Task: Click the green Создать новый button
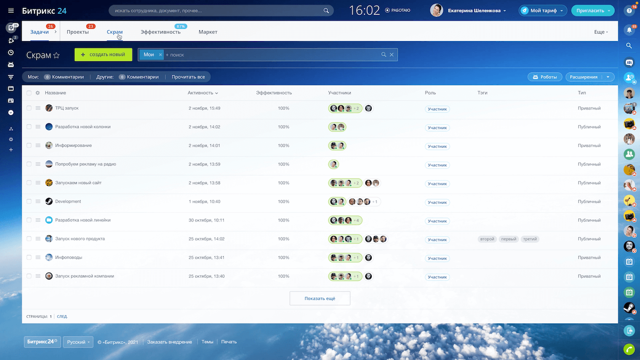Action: coord(103,55)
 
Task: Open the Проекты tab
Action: coord(78,32)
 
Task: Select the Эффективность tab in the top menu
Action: coord(160,32)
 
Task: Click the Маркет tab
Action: coord(208,32)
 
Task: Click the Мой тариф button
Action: coord(543,11)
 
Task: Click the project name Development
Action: coord(68,201)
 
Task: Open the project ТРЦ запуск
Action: coord(67,108)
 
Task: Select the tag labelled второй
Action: coord(487,239)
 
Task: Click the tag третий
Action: coord(530,239)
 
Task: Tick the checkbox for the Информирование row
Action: coord(29,146)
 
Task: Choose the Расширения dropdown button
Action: coord(590,77)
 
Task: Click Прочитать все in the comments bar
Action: coord(188,77)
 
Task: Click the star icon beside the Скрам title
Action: coord(57,55)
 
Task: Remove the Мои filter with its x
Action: coord(160,55)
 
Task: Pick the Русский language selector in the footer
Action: coord(78,342)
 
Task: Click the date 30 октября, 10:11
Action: coord(206,220)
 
